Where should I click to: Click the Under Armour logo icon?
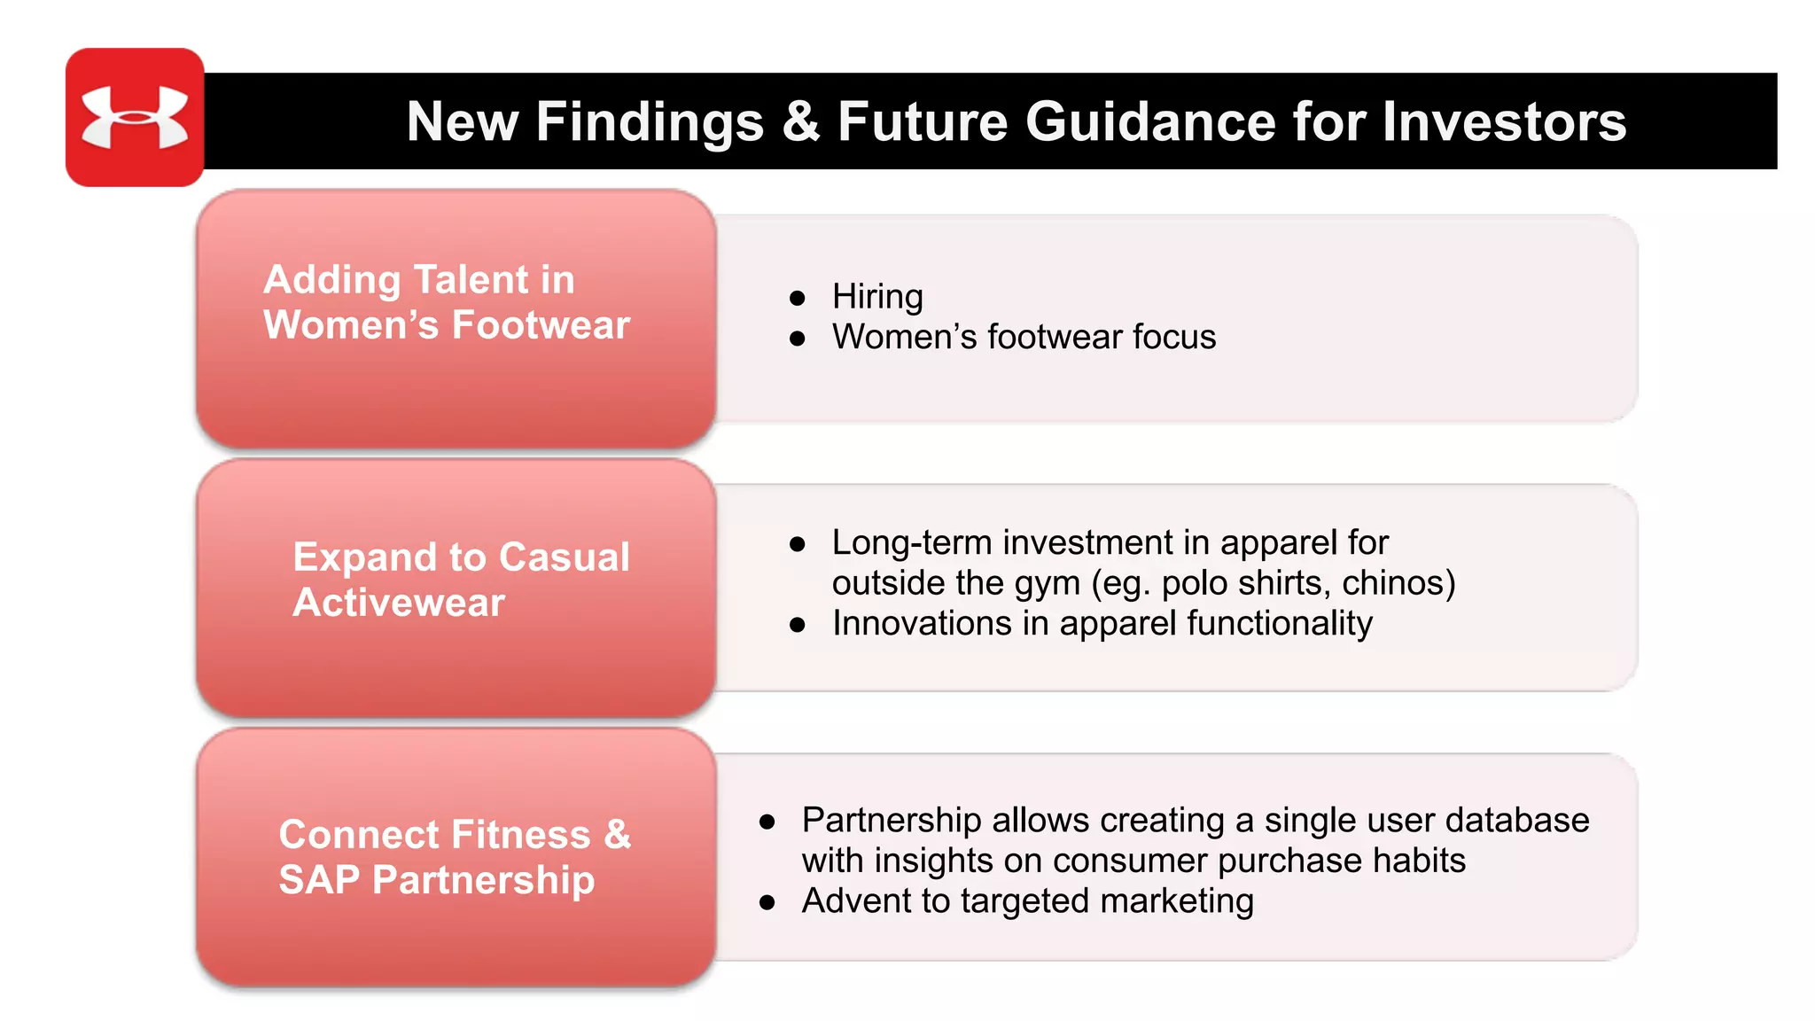click(135, 117)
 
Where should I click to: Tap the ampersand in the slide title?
click(800, 121)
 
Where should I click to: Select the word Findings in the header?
click(649, 121)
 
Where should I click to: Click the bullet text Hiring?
click(877, 297)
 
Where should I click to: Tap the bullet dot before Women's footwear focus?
click(798, 339)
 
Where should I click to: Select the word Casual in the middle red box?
click(564, 557)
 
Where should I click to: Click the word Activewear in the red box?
click(399, 603)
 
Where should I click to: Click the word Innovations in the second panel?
click(922, 624)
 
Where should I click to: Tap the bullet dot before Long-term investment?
click(798, 544)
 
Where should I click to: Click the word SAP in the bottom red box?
click(319, 880)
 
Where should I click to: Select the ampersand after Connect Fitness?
click(618, 835)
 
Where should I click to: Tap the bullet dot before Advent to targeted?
click(767, 903)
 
